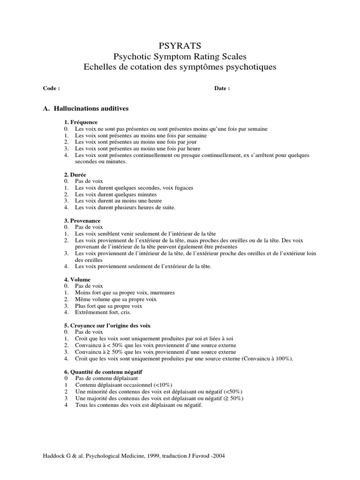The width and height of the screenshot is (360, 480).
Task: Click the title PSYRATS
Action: click(x=180, y=45)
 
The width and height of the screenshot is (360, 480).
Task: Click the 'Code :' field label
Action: click(x=51, y=88)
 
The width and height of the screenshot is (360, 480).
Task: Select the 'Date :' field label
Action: click(x=222, y=88)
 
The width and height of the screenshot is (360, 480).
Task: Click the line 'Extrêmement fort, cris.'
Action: click(x=103, y=312)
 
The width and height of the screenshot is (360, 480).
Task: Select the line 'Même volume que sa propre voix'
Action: click(x=116, y=299)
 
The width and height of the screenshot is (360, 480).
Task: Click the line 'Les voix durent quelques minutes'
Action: click(x=116, y=194)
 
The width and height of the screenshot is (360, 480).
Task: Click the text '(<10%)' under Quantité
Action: click(x=163, y=384)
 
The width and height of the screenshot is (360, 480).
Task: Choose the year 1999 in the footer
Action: click(x=154, y=456)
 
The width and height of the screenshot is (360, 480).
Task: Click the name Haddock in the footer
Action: click(x=53, y=456)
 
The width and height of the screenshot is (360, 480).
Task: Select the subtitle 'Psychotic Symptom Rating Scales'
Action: click(x=180, y=56)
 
